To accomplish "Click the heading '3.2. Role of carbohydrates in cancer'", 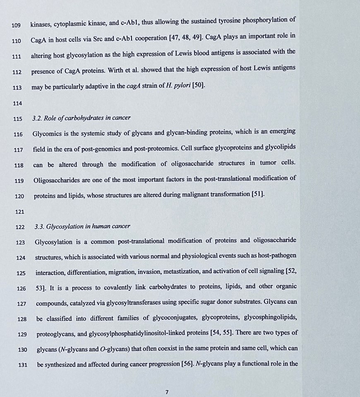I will [x=82, y=118].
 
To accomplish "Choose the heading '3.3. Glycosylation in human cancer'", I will [x=83, y=226].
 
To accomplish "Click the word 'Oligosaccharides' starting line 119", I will [x=58, y=180].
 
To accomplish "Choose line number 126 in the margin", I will [x=21, y=288].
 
